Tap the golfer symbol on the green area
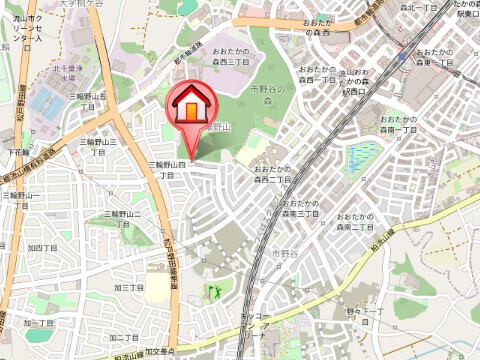pos(213,292)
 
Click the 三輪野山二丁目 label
pos(122,219)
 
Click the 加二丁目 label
pos(40,323)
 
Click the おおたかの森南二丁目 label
pos(357,222)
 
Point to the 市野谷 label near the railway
pos(284,255)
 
